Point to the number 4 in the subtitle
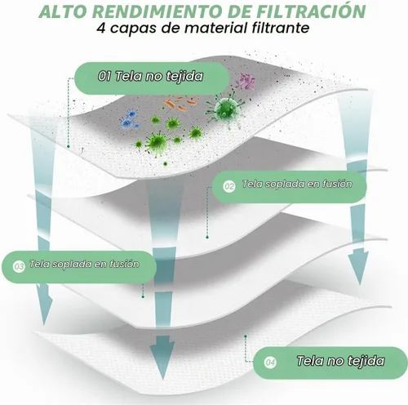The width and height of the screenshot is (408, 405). tap(101, 28)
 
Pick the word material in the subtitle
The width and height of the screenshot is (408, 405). tap(216, 28)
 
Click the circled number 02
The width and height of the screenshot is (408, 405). tap(229, 186)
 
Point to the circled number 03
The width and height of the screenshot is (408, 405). tap(19, 266)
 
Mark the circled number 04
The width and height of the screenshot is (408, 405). tap(270, 363)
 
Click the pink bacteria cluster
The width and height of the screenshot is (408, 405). tap(246, 82)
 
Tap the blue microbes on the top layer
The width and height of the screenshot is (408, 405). tap(129, 119)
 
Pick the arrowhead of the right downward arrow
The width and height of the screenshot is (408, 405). tap(358, 268)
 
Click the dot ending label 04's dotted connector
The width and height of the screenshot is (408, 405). tap(246, 336)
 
